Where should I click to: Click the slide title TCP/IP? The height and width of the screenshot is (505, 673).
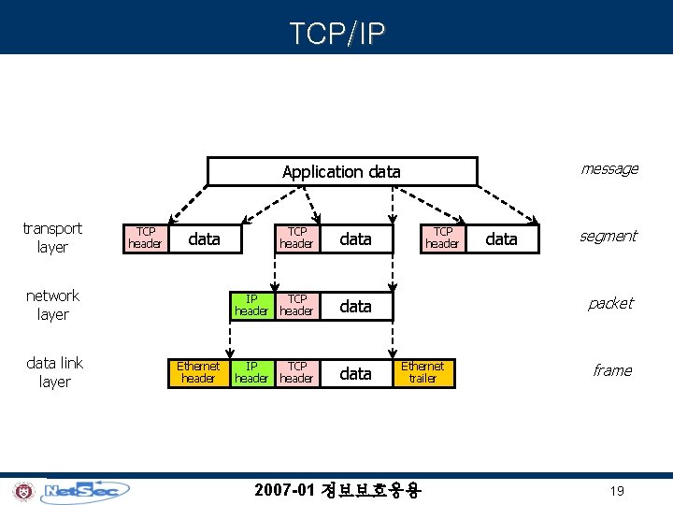click(x=336, y=34)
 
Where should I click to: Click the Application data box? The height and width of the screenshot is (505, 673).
click(x=341, y=171)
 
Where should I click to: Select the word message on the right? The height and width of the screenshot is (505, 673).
click(x=609, y=168)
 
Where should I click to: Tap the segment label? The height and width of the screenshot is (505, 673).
click(x=609, y=236)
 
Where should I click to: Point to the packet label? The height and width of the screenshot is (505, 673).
click(x=610, y=303)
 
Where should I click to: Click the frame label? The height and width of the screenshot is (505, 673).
click(x=612, y=370)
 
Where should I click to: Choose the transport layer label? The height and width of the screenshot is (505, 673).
click(x=52, y=238)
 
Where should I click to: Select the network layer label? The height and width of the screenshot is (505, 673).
click(x=52, y=305)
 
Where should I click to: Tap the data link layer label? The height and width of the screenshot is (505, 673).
click(x=54, y=372)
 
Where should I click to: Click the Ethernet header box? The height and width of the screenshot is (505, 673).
click(x=198, y=372)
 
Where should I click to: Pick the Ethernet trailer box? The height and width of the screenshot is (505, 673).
click(x=422, y=372)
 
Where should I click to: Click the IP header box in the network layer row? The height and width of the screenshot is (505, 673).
click(x=251, y=305)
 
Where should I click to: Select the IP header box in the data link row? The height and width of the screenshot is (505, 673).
click(x=251, y=372)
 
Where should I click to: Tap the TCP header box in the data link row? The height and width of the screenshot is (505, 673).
click(x=297, y=372)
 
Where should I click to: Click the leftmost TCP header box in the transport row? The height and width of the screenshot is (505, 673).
click(x=146, y=238)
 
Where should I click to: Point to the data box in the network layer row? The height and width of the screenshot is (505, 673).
click(x=355, y=306)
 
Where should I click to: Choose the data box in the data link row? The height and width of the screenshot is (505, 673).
click(x=355, y=373)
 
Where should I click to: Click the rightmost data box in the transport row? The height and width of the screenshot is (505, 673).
click(x=502, y=238)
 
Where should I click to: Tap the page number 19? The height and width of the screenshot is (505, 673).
click(x=616, y=491)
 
